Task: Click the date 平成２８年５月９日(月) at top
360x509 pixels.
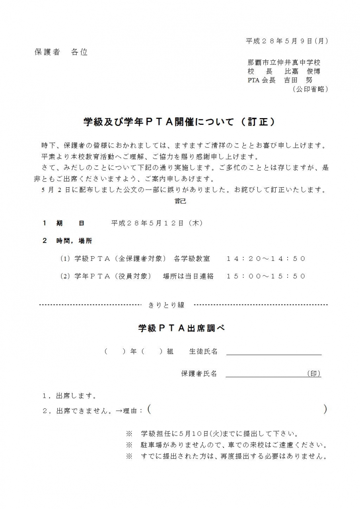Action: [287, 41]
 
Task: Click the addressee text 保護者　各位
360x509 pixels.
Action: [61, 52]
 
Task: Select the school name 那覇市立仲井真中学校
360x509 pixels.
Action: [284, 62]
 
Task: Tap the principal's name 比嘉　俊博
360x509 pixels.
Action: [302, 72]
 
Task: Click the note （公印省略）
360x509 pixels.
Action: [310, 89]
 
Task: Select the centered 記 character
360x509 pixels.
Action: [180, 201]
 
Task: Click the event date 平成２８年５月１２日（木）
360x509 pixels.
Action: [158, 223]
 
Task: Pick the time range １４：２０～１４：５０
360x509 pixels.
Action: [266, 259]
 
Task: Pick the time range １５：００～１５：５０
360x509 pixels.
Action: [266, 276]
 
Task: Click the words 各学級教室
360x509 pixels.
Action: [192, 259]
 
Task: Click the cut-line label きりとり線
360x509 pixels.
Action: [166, 305]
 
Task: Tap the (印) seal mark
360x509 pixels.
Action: [314, 374]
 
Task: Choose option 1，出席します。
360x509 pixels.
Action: [70, 396]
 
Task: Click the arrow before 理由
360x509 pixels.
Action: [119, 411]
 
